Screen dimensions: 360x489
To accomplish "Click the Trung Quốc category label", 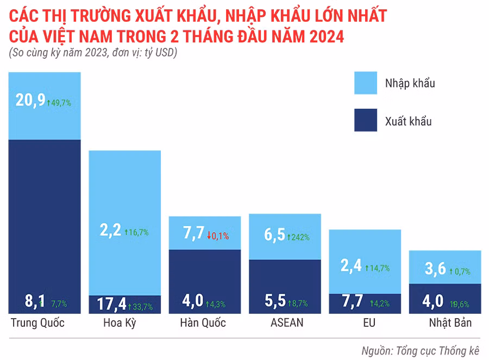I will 37,323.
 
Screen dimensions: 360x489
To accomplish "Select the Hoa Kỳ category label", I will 119,323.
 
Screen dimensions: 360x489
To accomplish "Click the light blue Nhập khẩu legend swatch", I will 373,83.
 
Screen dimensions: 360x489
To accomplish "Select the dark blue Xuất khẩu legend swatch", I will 373,121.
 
